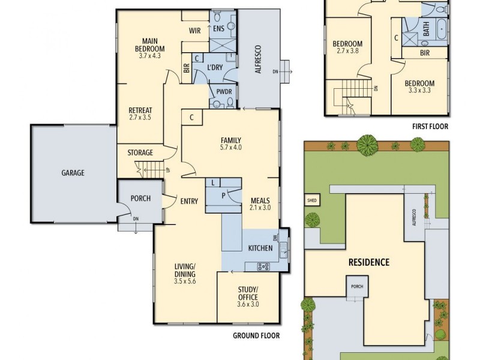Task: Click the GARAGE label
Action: (x=73, y=173)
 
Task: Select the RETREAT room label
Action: (x=140, y=110)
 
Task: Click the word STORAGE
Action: (x=140, y=153)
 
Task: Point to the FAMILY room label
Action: (x=231, y=140)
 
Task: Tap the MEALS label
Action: (x=260, y=200)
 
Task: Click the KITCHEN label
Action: (x=260, y=248)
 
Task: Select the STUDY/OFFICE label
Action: (x=248, y=293)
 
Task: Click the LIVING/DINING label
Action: (x=185, y=270)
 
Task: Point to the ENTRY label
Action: (x=189, y=202)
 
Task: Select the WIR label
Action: (x=194, y=30)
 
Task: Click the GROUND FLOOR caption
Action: (x=256, y=336)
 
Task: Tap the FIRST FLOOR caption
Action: (x=430, y=127)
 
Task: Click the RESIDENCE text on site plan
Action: (x=369, y=262)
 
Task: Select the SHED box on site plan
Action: (x=312, y=200)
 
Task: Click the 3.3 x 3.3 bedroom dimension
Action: (x=418, y=91)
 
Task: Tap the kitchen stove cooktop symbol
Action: (x=263, y=266)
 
